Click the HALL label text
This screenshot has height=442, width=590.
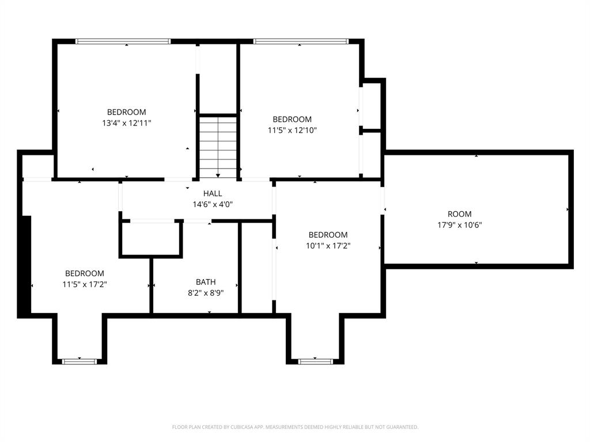click(x=212, y=194)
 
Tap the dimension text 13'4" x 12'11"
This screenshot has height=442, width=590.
click(x=126, y=123)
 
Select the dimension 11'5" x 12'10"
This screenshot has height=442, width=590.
click(x=292, y=130)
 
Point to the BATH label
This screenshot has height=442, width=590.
click(x=206, y=282)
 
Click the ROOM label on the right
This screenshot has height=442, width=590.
click(x=459, y=214)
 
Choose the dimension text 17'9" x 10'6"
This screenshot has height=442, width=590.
click(x=459, y=225)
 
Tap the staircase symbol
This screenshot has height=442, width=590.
click(x=218, y=147)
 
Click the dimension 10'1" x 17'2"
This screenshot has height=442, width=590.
click(x=328, y=245)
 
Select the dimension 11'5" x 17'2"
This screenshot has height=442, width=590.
click(x=85, y=284)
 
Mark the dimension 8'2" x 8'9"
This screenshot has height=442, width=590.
click(x=206, y=292)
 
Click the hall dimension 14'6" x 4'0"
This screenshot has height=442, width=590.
click(x=212, y=204)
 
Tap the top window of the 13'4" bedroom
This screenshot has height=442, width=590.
click(x=123, y=41)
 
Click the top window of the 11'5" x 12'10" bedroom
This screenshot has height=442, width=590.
click(x=301, y=41)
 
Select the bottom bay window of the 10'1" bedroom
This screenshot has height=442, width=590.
click(x=316, y=361)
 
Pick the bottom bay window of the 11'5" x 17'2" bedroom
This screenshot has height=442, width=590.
click(x=80, y=361)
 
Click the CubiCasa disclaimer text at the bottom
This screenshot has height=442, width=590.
click(x=295, y=427)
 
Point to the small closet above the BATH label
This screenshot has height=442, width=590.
click(x=150, y=238)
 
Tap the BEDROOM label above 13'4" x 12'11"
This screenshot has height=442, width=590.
click(x=126, y=112)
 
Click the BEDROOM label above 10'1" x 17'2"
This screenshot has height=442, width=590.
click(x=328, y=235)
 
